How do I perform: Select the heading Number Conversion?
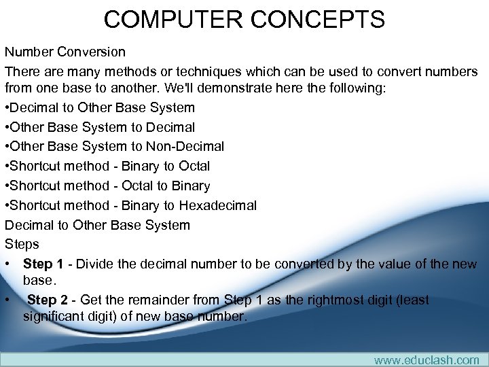65,52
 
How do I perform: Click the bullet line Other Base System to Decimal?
100,127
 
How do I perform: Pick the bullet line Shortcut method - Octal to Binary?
107,186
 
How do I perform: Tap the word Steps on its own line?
22,244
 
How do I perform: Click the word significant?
52,316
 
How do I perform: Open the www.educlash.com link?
427,360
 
